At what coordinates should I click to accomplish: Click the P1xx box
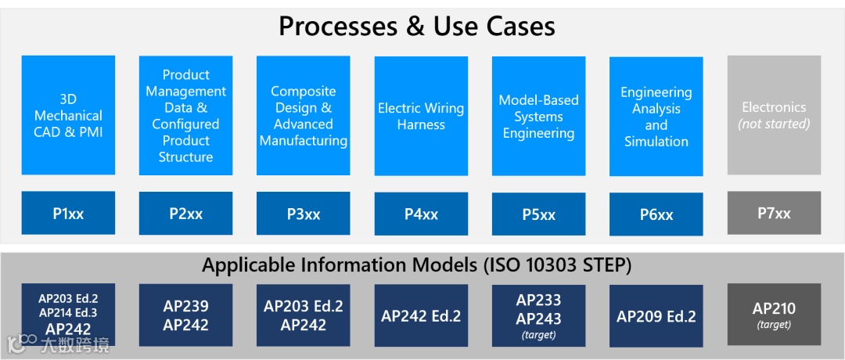[x=68, y=213]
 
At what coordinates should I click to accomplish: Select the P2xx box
[x=185, y=213]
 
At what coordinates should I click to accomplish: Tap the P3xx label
[x=303, y=214]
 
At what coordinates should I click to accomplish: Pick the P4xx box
[x=421, y=214]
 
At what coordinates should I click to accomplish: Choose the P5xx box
[x=538, y=214]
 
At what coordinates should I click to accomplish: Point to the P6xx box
[x=656, y=214]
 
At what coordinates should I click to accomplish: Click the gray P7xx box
[x=774, y=213]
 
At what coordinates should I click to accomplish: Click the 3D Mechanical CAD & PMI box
[x=68, y=115]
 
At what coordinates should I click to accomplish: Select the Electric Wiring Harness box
[x=421, y=116]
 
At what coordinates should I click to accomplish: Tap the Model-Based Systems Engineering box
[x=538, y=116]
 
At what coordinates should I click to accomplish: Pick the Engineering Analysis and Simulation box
[x=656, y=116]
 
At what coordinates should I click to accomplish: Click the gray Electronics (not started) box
[x=774, y=115]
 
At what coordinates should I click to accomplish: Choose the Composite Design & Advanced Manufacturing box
[x=303, y=115]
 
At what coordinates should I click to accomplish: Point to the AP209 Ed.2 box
[x=656, y=316]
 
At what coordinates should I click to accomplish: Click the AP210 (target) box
[x=774, y=315]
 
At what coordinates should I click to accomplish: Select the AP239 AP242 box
[x=185, y=315]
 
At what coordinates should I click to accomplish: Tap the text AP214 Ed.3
[x=68, y=313]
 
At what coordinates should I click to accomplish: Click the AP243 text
[x=538, y=319]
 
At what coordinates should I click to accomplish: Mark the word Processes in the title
[x=337, y=27]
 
